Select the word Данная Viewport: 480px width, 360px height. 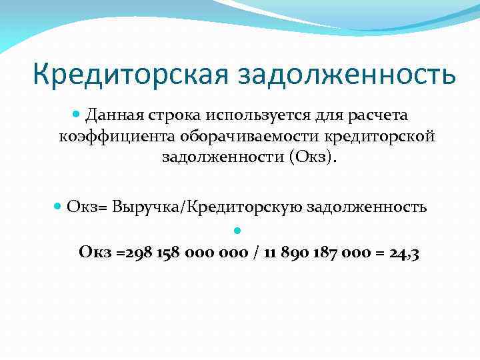[112, 115]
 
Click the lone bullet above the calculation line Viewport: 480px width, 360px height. [237, 231]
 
